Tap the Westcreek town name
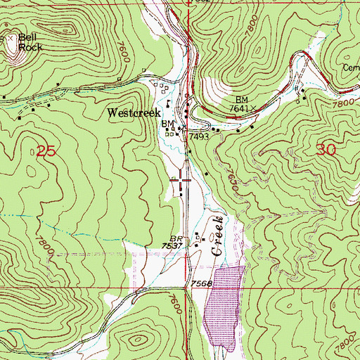click(x=134, y=112)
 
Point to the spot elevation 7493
click(x=197, y=138)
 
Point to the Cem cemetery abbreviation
click(x=352, y=68)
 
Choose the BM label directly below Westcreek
click(x=167, y=124)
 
